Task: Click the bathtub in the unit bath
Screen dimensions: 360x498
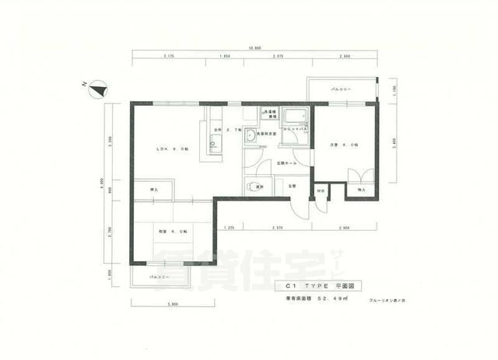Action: [x=295, y=119]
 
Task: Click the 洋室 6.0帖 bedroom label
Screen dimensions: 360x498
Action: [x=342, y=145]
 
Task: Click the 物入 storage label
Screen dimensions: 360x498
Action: [x=361, y=189]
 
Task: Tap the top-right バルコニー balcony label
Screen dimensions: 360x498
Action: [x=341, y=91]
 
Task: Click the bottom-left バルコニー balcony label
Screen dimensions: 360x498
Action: [x=159, y=276]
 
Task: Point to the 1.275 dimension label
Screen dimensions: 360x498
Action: [x=229, y=227]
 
